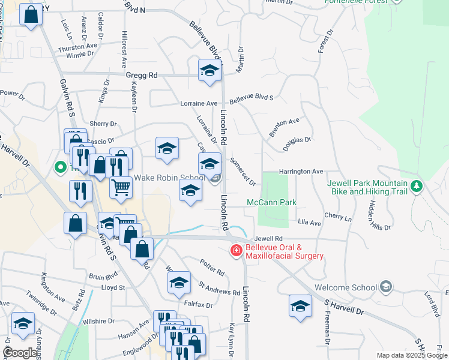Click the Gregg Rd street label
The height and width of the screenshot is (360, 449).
[x=142, y=75]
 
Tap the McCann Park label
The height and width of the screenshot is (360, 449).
[x=271, y=203]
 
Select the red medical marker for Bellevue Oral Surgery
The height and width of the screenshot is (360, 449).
[x=236, y=250]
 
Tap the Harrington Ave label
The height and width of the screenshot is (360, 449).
[x=301, y=172]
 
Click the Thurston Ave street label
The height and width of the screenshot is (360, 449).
[x=77, y=47]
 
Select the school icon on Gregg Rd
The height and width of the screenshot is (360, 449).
[x=209, y=70]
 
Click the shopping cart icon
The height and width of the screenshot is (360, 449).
[x=121, y=188]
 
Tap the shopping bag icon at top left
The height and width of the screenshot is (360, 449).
[x=30, y=14]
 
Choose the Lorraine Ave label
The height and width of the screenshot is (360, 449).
[x=199, y=103]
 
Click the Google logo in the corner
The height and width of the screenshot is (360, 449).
[x=20, y=353]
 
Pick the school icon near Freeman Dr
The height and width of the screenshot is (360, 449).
[x=300, y=305]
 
